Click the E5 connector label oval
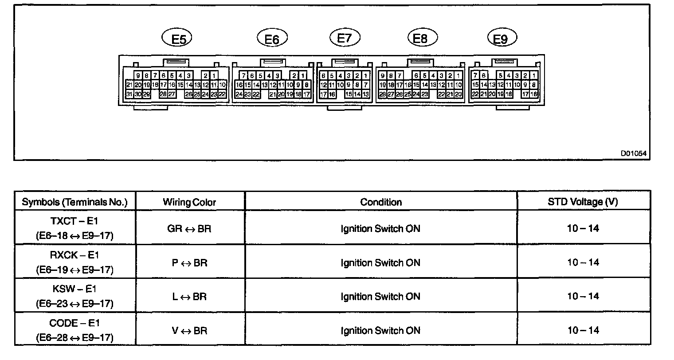pyautogui.click(x=177, y=39)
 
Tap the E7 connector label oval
pyautogui.click(x=345, y=38)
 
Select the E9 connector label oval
pyautogui.click(x=502, y=39)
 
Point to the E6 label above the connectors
pyautogui.click(x=272, y=39)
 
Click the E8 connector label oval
pyautogui.click(x=422, y=38)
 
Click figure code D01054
pyautogui.click(x=633, y=153)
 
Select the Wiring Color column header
pyautogui.click(x=189, y=203)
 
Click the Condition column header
pyautogui.click(x=381, y=202)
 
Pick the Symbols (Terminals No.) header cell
pyautogui.click(x=75, y=203)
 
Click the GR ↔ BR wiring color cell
pyautogui.click(x=189, y=229)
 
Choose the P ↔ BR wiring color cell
pyautogui.click(x=189, y=263)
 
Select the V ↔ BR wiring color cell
pyautogui.click(x=189, y=331)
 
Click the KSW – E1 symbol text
pyautogui.click(x=74, y=290)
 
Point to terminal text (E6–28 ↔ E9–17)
pyautogui.click(x=74, y=338)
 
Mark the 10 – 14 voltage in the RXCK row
pyautogui.click(x=583, y=262)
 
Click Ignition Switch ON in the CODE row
pyautogui.click(x=380, y=331)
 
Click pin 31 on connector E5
pyautogui.click(x=129, y=94)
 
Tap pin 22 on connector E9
pyautogui.click(x=475, y=94)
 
